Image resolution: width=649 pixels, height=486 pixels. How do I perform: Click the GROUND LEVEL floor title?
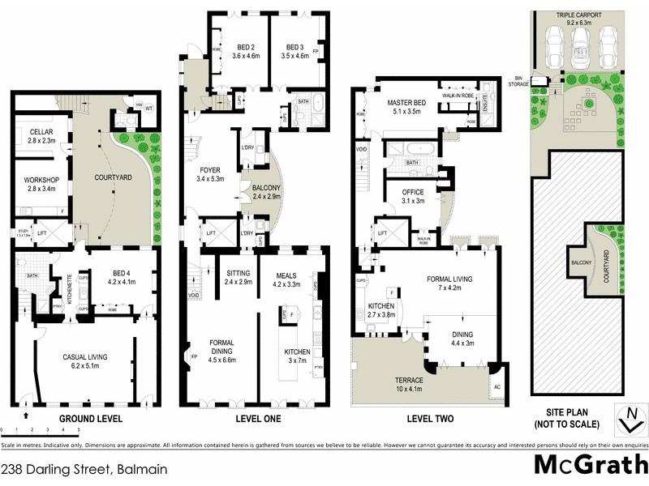click(90, 419)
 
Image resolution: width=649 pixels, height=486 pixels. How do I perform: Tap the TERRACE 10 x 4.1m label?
click(393, 384)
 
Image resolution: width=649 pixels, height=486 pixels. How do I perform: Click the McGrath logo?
click(590, 464)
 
